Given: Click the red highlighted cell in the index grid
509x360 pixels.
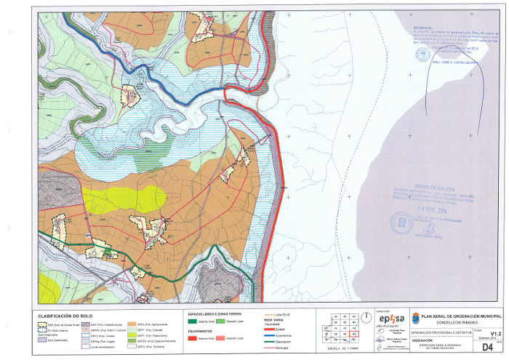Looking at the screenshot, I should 353,334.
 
